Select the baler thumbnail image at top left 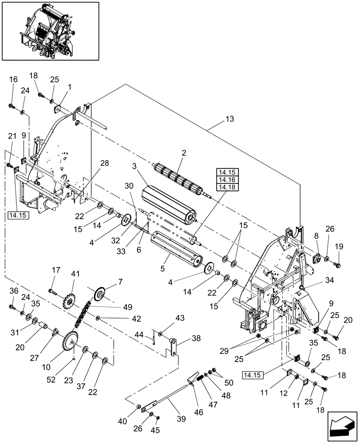pos(50,31)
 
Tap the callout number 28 pos(104,164)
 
